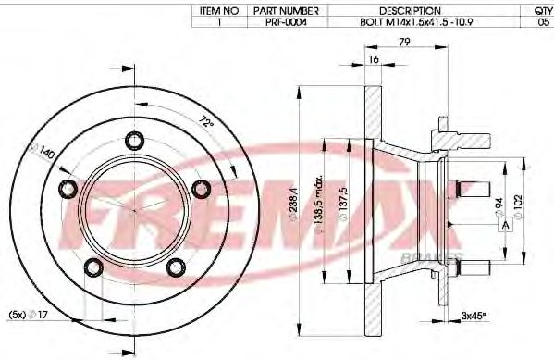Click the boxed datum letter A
505,226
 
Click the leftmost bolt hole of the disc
68,189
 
